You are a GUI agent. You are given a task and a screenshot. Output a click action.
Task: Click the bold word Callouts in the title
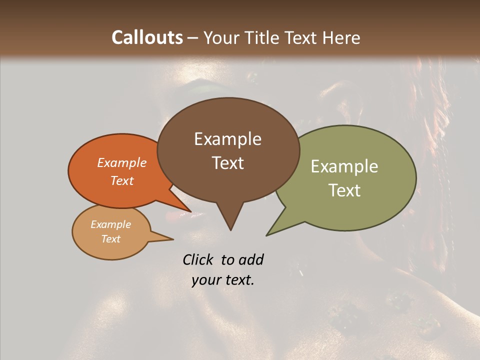point(147,37)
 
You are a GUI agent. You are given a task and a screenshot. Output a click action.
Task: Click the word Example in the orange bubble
point(122,162)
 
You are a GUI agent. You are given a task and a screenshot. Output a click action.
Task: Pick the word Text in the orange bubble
point(122,180)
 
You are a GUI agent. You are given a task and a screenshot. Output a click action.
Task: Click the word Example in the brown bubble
point(227,139)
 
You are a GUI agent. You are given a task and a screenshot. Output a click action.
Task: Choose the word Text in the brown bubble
point(227,163)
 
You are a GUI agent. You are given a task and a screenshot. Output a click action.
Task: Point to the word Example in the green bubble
point(344,166)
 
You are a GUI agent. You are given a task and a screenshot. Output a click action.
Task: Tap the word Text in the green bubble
point(344,190)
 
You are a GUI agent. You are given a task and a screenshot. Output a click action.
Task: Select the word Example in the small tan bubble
point(110,224)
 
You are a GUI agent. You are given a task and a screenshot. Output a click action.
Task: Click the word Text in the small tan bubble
point(110,239)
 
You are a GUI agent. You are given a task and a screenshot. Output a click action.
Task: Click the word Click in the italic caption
point(198,259)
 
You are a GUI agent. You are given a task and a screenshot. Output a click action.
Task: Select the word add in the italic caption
point(251,259)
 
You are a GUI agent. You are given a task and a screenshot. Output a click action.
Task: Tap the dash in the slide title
point(193,38)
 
